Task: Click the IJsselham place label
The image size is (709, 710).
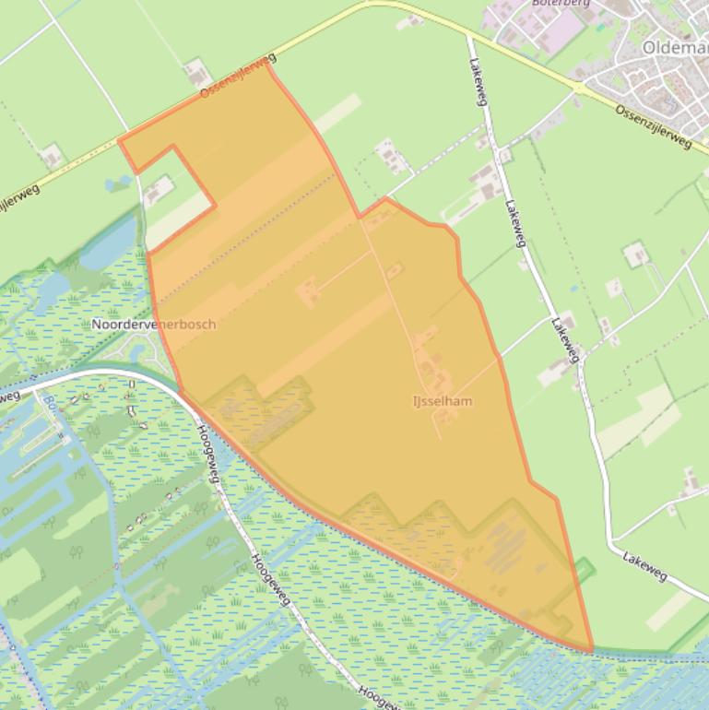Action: [x=443, y=401]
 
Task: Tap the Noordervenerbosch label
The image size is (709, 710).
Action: [x=154, y=325]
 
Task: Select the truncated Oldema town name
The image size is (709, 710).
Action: [x=675, y=47]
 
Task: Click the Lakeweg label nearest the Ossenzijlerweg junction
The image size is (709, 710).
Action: [x=477, y=83]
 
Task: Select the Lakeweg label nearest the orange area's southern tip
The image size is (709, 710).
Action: [x=644, y=566]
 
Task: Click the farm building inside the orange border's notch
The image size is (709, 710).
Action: [x=159, y=190]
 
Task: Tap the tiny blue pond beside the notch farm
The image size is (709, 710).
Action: [x=119, y=183]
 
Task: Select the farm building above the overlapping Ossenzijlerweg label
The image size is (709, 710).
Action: [x=195, y=70]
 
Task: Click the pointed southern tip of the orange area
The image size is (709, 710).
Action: [x=590, y=649]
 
